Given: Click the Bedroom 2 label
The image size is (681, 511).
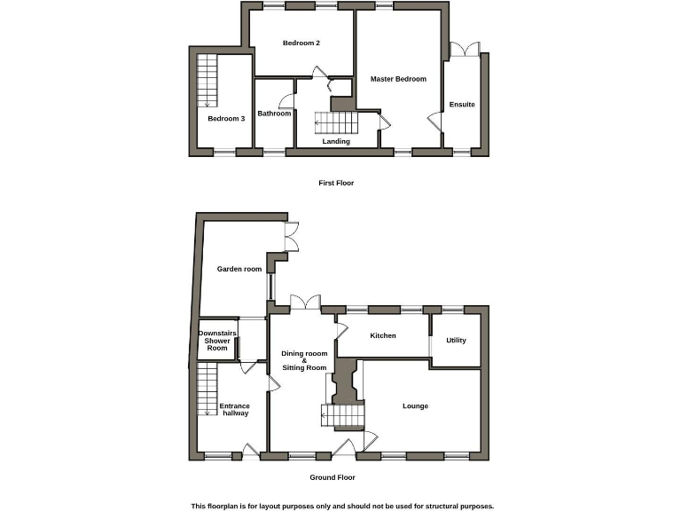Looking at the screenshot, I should [301, 43].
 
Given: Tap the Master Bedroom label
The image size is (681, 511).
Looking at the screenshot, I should [398, 79].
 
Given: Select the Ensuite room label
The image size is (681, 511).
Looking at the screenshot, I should [462, 105].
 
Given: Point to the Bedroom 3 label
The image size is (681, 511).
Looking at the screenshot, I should [226, 118].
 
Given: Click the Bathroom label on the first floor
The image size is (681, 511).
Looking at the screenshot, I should [274, 114].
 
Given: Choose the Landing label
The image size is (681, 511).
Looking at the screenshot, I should [336, 141].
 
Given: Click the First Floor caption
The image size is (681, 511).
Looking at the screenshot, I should [336, 183].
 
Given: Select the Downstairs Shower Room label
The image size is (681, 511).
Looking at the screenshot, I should [217, 341].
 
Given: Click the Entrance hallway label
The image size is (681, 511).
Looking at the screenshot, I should [235, 410].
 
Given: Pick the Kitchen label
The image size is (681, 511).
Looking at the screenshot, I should [382, 335].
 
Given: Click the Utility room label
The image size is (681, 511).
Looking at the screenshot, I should [456, 341].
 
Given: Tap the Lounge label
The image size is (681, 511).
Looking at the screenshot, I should [415, 406].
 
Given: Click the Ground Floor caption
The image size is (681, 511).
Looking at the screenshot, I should [333, 477].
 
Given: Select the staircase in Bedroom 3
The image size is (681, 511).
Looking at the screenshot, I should [207, 80].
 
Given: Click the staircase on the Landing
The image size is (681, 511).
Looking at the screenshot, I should [336, 122].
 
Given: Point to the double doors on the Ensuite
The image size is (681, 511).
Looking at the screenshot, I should [464, 51].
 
